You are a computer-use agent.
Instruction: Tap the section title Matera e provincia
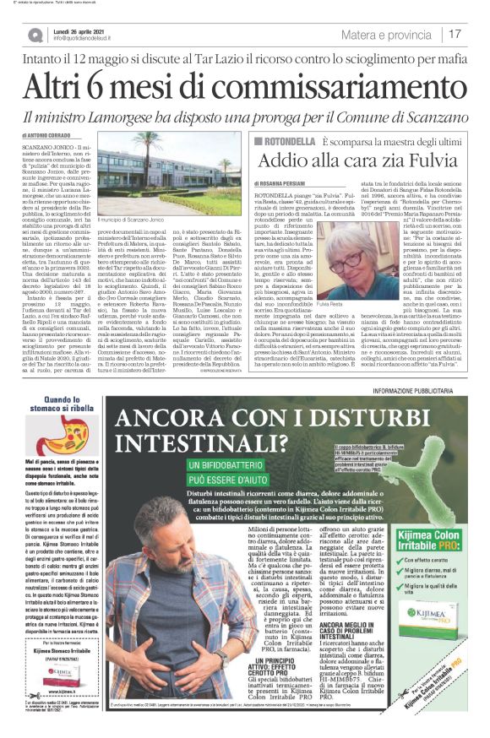click(389, 34)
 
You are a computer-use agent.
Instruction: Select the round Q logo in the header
click(35, 35)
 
